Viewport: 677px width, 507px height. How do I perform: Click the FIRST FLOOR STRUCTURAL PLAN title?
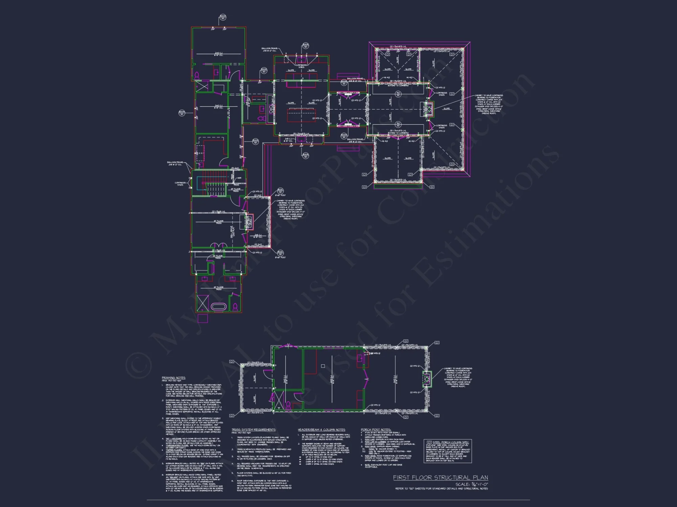(x=440, y=477)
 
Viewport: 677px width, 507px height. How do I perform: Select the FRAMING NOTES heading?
(x=173, y=378)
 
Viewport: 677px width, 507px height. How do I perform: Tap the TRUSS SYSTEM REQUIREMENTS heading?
(x=254, y=430)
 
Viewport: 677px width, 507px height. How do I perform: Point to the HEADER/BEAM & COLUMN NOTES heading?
(x=321, y=430)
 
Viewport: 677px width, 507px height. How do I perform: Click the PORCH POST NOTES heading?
(x=376, y=430)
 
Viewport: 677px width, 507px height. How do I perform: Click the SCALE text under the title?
(x=472, y=484)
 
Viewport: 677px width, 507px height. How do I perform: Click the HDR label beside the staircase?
(x=239, y=178)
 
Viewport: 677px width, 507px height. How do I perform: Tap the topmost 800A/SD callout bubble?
(x=223, y=17)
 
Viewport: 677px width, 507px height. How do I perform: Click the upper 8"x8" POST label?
(x=281, y=195)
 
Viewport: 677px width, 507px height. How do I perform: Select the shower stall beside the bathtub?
(x=203, y=303)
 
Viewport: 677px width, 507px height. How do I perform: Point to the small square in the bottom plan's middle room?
(x=323, y=366)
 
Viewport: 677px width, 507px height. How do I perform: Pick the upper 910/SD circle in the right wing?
(x=398, y=94)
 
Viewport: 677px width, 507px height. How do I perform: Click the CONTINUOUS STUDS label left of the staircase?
(x=180, y=184)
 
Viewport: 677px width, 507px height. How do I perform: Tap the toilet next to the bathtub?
(x=235, y=307)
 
